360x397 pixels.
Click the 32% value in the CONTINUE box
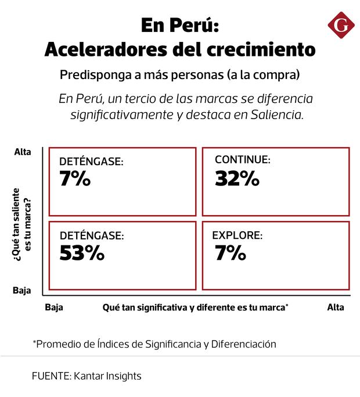[237, 178]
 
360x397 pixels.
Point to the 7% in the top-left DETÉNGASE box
[75, 179]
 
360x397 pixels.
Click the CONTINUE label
[242, 159]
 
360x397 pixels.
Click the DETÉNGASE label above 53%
[91, 236]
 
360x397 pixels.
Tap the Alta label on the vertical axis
[22, 152]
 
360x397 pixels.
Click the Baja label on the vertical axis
[22, 290]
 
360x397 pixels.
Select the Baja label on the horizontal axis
[53, 307]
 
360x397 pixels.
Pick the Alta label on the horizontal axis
[335, 307]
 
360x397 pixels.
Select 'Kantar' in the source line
[88, 376]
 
